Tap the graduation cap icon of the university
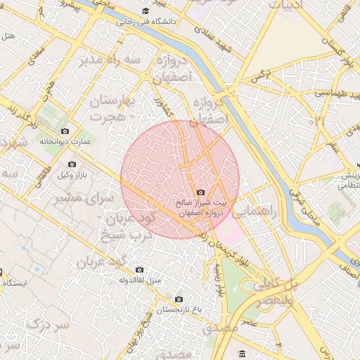[146, 11]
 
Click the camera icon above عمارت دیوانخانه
[65, 131]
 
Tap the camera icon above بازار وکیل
[72, 165]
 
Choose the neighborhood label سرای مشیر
[84, 199]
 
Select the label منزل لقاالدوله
[139, 281]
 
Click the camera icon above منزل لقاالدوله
[139, 270]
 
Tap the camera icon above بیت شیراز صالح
[201, 193]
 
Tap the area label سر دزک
[49, 326]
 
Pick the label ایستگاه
[15, 283]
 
